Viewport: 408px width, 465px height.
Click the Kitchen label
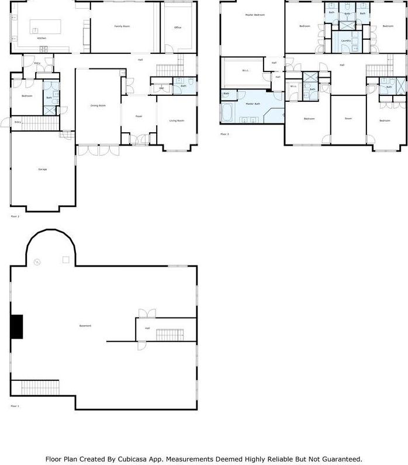(42, 38)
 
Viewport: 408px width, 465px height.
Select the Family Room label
(122, 27)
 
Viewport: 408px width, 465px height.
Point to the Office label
(178, 27)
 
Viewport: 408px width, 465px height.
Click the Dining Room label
(98, 105)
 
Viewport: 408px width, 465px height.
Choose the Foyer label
(139, 116)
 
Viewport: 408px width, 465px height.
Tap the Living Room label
(177, 120)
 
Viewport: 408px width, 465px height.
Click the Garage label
(43, 169)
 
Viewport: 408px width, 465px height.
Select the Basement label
(85, 325)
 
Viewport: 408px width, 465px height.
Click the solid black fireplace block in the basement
(16, 326)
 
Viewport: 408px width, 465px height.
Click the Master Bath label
(253, 104)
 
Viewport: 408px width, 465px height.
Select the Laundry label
(346, 40)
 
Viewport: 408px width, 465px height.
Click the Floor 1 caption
(15, 405)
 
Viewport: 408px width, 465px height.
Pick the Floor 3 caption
(224, 134)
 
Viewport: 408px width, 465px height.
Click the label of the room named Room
(348, 119)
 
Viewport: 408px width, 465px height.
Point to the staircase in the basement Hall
(170, 335)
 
